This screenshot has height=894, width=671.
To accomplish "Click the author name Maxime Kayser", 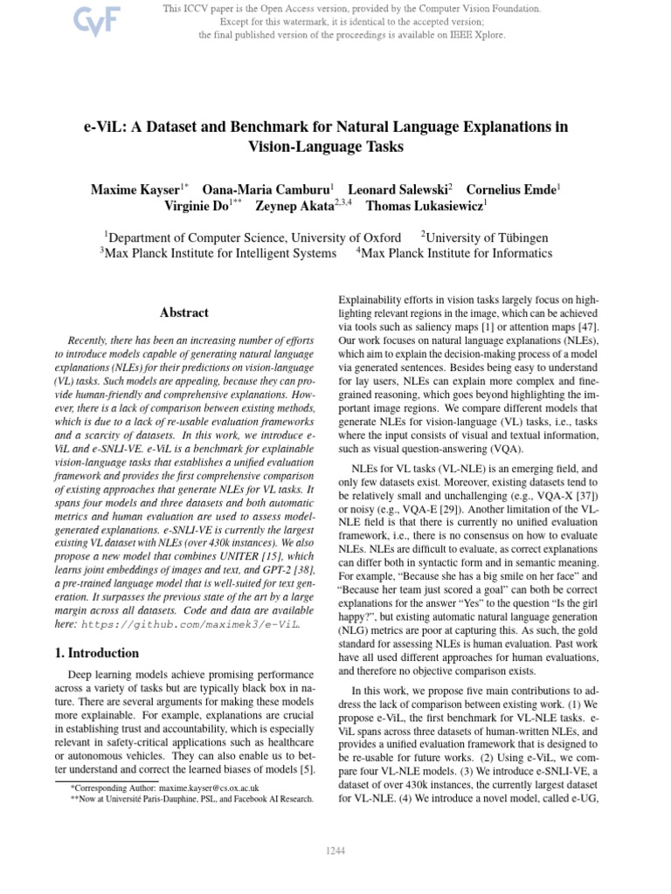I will (x=135, y=189).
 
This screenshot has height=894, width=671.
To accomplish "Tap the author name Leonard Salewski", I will (x=397, y=189).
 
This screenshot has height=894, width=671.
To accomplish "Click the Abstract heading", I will (x=184, y=313).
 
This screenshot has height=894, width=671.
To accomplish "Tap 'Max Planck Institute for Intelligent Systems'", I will (x=220, y=254).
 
